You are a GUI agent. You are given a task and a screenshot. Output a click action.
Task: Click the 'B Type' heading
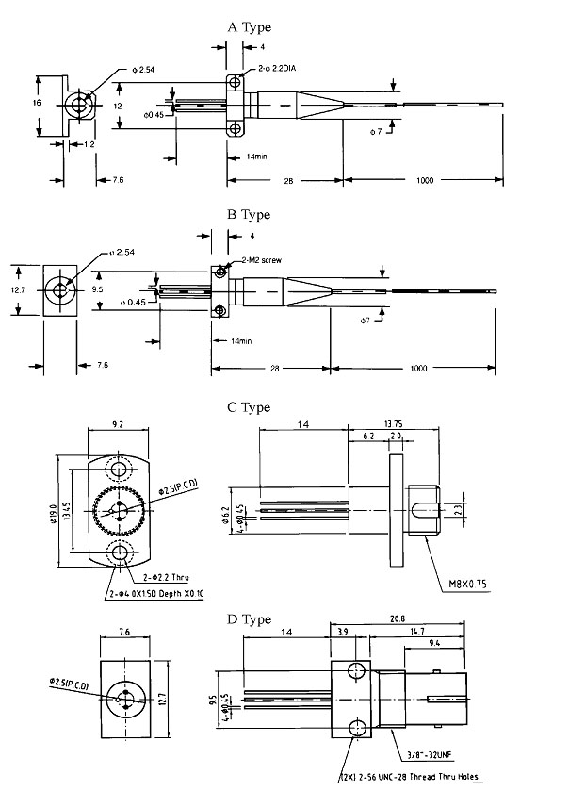click(x=250, y=215)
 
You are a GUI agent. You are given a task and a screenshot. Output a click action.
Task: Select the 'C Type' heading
click(x=250, y=407)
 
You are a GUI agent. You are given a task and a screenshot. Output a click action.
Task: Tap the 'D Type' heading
click(x=250, y=619)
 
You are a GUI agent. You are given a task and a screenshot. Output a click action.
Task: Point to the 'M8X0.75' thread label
click(x=465, y=584)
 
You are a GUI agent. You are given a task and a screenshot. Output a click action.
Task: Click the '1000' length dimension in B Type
click(x=422, y=368)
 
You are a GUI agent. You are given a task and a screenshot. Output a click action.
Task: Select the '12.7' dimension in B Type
click(x=17, y=290)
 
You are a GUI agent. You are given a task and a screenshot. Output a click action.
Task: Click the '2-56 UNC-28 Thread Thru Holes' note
click(x=411, y=778)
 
